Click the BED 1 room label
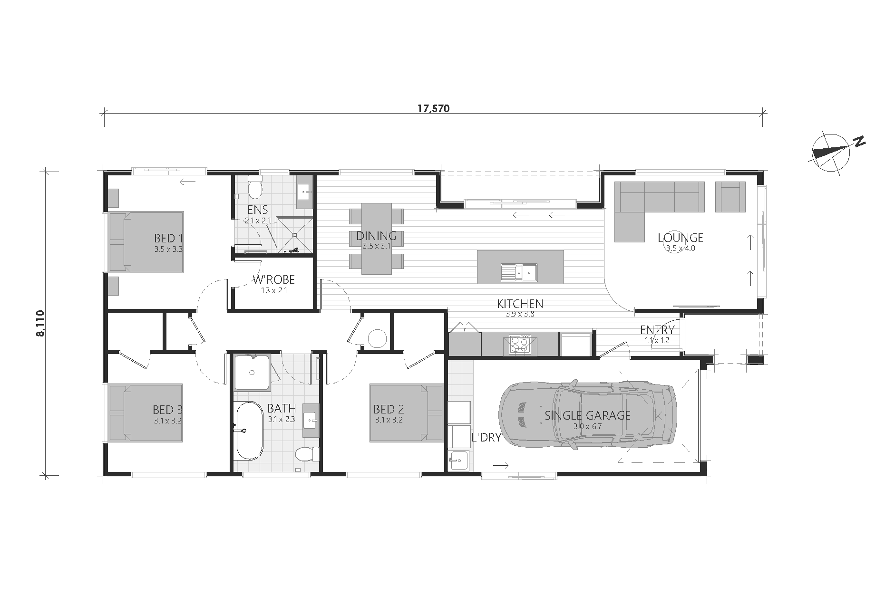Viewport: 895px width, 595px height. (168, 237)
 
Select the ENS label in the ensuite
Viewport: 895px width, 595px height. (257, 210)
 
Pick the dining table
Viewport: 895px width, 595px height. (377, 239)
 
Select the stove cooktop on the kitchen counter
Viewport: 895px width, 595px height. (520, 344)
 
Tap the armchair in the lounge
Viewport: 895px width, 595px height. (730, 197)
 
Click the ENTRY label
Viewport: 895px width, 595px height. (657, 330)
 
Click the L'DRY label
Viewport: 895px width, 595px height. (486, 438)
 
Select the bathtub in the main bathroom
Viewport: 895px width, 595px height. (249, 431)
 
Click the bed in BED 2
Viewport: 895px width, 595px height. (407, 413)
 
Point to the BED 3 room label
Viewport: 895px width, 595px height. (168, 409)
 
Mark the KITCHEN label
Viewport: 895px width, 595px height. (520, 304)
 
